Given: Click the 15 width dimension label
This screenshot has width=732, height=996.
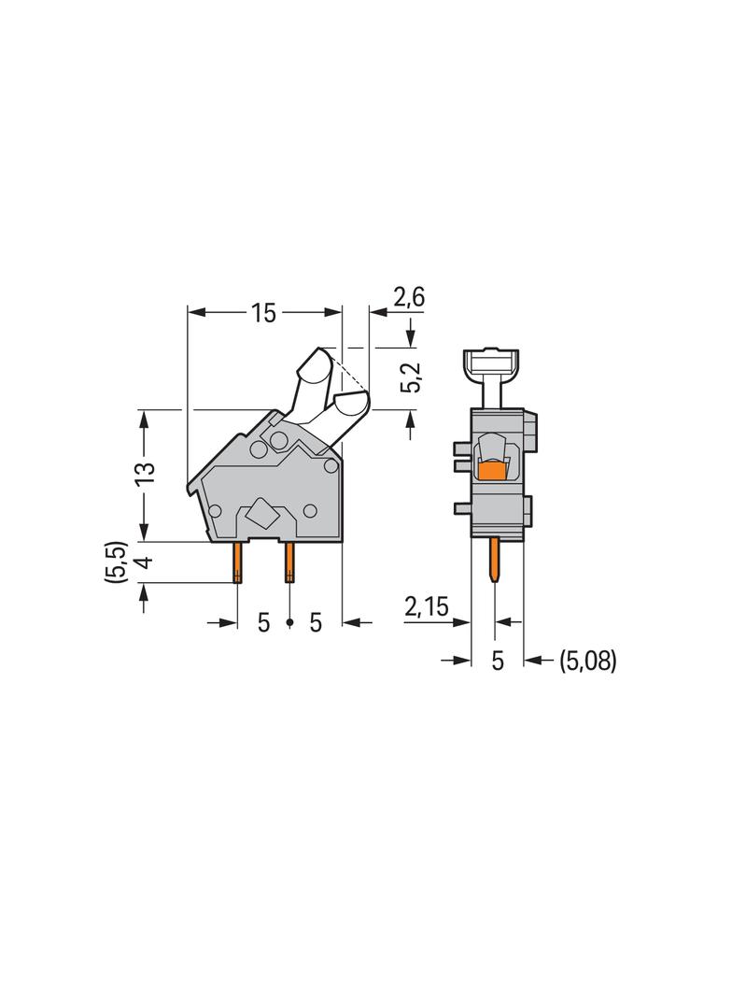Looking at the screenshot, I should [263, 313].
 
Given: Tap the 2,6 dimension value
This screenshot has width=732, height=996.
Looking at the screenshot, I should [409, 298].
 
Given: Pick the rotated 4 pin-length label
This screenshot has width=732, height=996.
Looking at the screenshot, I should [145, 562].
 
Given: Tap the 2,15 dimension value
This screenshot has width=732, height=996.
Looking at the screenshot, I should [427, 608].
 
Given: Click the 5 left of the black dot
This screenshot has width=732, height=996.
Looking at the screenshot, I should [263, 622].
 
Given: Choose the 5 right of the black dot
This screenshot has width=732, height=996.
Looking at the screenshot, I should [316, 622].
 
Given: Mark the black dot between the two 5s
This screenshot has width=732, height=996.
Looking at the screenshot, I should [289, 622].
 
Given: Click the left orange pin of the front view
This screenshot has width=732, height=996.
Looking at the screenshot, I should [238, 562].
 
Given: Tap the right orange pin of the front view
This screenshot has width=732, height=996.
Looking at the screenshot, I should [289, 562].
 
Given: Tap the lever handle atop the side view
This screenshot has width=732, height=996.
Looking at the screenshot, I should [495, 360].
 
